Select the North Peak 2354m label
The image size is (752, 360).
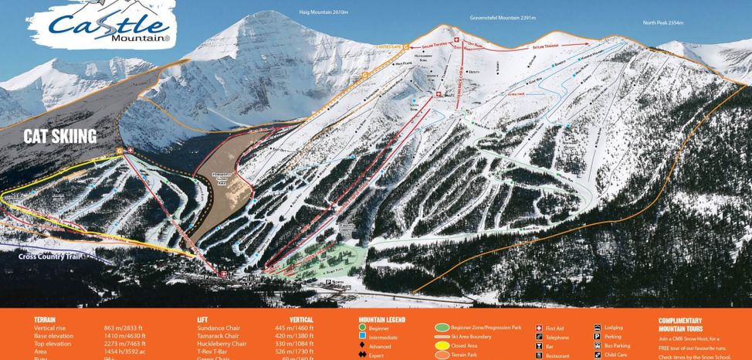[x=663, y=22]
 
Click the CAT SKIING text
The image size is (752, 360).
[x=59, y=137]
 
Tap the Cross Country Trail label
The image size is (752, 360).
[x=50, y=256]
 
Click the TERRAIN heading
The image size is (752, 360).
[x=45, y=319]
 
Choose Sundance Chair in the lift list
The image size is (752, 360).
[x=219, y=328]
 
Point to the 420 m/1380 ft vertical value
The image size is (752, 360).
[x=293, y=336]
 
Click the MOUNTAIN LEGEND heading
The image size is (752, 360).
[x=381, y=319]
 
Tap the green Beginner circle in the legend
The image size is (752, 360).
[x=362, y=328]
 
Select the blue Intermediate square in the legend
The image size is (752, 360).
[x=362, y=338]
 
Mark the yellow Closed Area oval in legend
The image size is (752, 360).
[x=442, y=346]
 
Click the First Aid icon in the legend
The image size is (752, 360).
[x=538, y=328]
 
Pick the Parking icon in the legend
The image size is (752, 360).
[x=598, y=337]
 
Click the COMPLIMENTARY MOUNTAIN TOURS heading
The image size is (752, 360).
[x=680, y=324]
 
